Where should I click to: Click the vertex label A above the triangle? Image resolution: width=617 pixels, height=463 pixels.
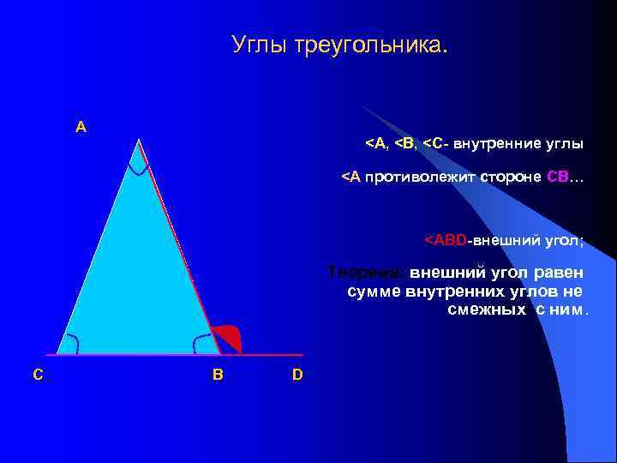[81, 127]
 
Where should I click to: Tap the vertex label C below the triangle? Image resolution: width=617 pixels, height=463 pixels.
[38, 375]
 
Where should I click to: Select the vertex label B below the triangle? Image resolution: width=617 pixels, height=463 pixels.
[218, 375]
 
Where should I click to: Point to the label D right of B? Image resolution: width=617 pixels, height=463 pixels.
[297, 375]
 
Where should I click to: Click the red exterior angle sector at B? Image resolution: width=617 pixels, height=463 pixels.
[229, 340]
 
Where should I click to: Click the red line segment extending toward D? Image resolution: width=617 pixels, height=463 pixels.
[273, 354]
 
